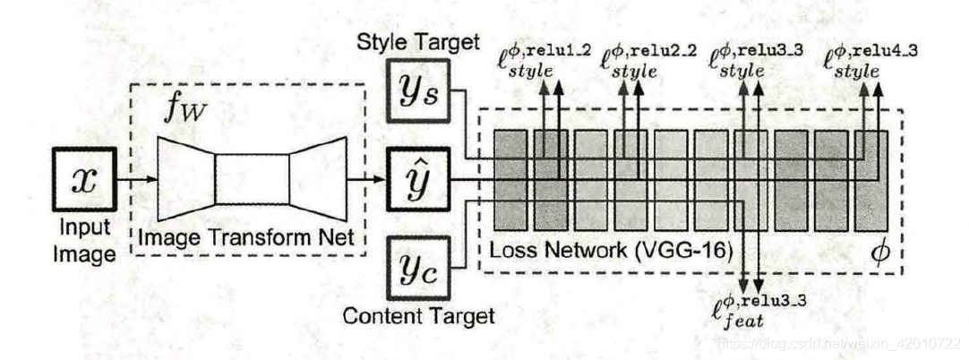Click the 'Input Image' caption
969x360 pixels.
pos(82,242)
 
